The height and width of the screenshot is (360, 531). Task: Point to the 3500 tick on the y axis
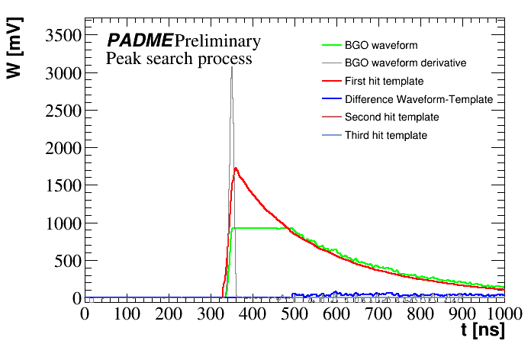60,36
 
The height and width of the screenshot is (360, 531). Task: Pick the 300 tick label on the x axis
211,313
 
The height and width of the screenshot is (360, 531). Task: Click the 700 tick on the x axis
378,313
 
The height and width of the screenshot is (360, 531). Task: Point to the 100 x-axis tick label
127,313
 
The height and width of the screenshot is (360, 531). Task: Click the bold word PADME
139,41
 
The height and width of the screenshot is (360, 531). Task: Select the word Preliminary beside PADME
217,41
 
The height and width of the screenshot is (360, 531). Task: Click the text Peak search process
179,59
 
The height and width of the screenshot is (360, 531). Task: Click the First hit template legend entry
384,81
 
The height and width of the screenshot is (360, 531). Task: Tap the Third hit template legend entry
385,135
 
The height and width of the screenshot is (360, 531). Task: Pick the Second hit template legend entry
391,117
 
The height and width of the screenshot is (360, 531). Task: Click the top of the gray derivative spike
232,67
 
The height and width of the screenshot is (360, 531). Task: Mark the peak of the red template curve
236,169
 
